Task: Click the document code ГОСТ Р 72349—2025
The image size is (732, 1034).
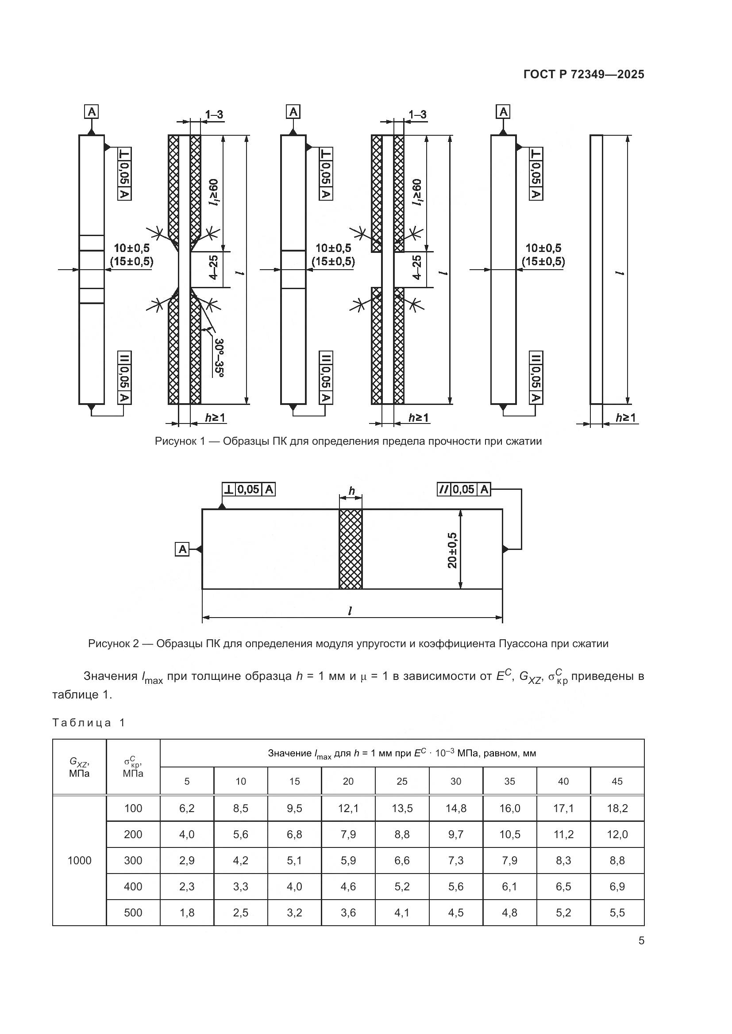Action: click(x=583, y=75)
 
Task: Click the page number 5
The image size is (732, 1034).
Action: click(x=641, y=941)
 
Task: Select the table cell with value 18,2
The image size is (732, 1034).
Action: click(x=617, y=809)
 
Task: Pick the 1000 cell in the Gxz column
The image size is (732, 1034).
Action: click(x=79, y=861)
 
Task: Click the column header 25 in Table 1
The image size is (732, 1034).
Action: click(x=401, y=781)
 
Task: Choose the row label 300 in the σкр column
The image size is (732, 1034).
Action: click(x=133, y=861)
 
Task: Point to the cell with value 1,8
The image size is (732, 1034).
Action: click(x=187, y=913)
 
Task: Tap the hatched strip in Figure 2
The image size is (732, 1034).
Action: click(x=350, y=549)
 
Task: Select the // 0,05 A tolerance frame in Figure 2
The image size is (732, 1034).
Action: click(x=464, y=489)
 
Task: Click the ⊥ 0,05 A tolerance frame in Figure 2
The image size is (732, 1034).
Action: click(x=248, y=489)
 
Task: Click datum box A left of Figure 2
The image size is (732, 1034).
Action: click(x=182, y=549)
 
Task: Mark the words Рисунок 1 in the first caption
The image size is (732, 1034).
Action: click(x=180, y=441)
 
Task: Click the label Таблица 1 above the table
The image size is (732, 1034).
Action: click(x=89, y=723)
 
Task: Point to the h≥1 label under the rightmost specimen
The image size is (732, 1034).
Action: click(x=625, y=418)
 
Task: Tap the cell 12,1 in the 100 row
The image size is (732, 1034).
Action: click(x=348, y=809)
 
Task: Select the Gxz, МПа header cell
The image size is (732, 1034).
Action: click(x=79, y=767)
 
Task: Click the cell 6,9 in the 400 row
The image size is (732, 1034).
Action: click(x=617, y=887)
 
